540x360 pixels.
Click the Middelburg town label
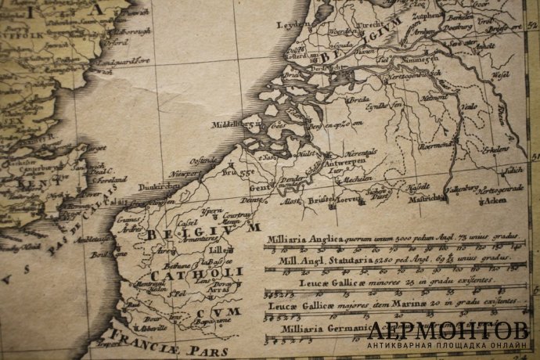(x=229, y=124)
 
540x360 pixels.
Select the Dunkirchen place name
(x=146, y=187)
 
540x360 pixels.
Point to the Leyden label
(x=290, y=25)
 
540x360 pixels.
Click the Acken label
(x=494, y=200)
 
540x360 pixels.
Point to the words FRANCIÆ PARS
(x=168, y=342)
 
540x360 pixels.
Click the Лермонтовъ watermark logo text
(x=449, y=330)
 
